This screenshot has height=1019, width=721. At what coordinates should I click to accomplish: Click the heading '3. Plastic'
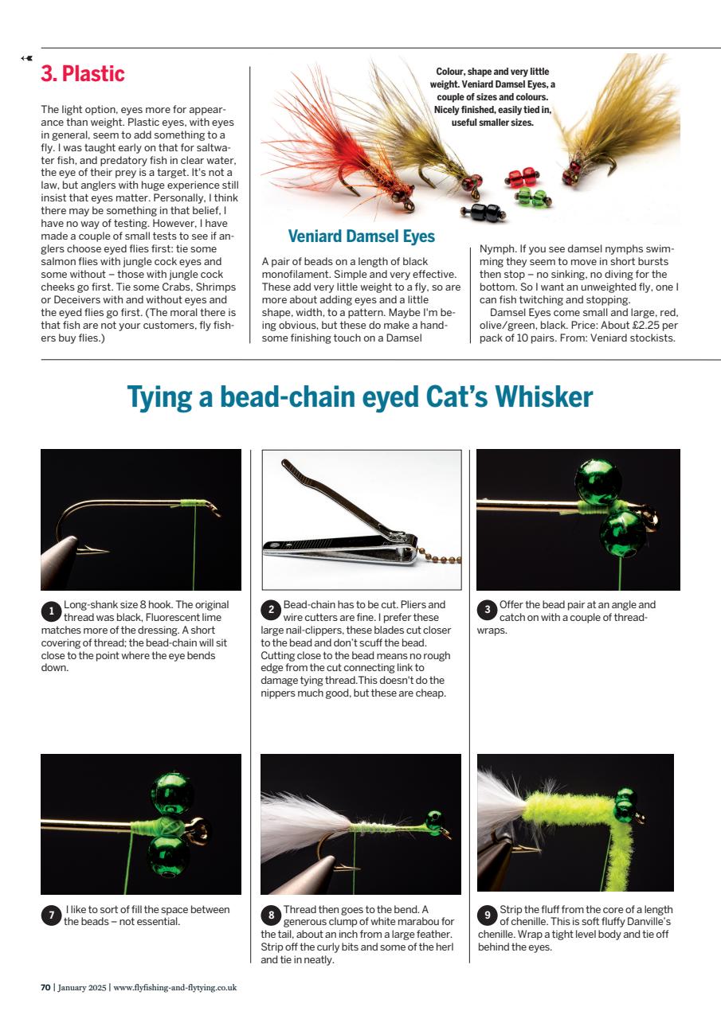(83, 74)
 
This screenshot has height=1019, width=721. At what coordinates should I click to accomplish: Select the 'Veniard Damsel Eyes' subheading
(361, 236)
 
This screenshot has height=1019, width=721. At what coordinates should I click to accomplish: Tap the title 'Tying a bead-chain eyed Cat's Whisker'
(360, 397)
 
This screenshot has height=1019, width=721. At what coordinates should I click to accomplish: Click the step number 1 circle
(50, 611)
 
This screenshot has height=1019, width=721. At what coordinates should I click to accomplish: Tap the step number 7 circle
(50, 916)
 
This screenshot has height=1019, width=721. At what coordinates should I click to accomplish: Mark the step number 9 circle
(486, 916)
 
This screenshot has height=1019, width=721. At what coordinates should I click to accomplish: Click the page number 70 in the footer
(45, 988)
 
